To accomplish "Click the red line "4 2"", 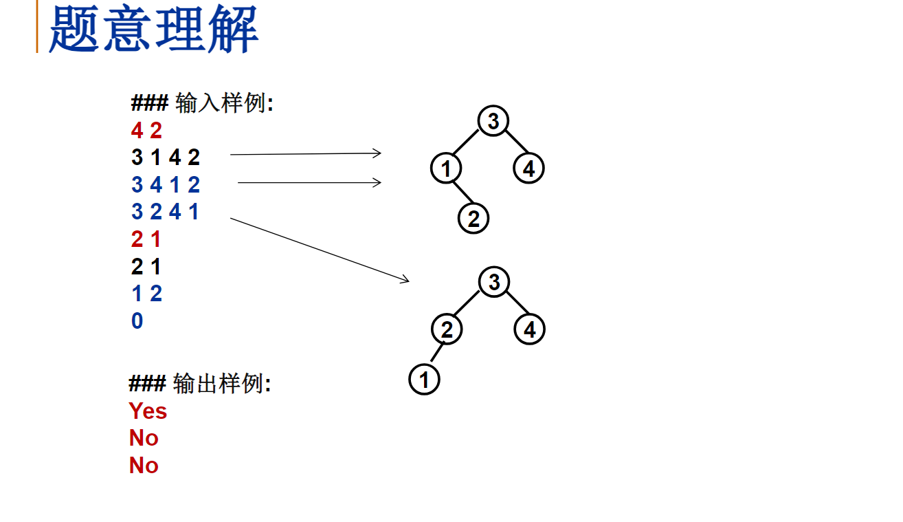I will click(x=146, y=131).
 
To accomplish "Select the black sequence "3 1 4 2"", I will click(x=165, y=158).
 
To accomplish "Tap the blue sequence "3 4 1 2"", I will click(x=165, y=185).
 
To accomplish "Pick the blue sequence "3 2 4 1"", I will click(x=165, y=212).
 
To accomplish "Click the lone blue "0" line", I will click(x=137, y=320).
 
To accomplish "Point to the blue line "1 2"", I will click(x=146, y=294).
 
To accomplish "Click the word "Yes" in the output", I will click(x=148, y=411).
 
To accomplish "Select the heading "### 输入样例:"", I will click(x=202, y=104).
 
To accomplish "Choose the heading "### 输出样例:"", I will click(x=200, y=384).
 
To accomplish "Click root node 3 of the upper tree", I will click(x=493, y=121).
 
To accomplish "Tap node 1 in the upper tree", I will click(x=446, y=168).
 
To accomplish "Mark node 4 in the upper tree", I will click(x=528, y=168).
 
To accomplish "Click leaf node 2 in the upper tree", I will click(x=473, y=219).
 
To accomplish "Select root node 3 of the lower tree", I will click(x=493, y=282).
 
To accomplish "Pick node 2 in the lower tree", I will click(x=447, y=329).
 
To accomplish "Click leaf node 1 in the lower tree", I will click(x=424, y=380).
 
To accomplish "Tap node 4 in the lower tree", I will click(x=529, y=329).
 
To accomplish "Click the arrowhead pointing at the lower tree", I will click(x=405, y=279).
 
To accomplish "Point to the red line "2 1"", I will click(x=146, y=239).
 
